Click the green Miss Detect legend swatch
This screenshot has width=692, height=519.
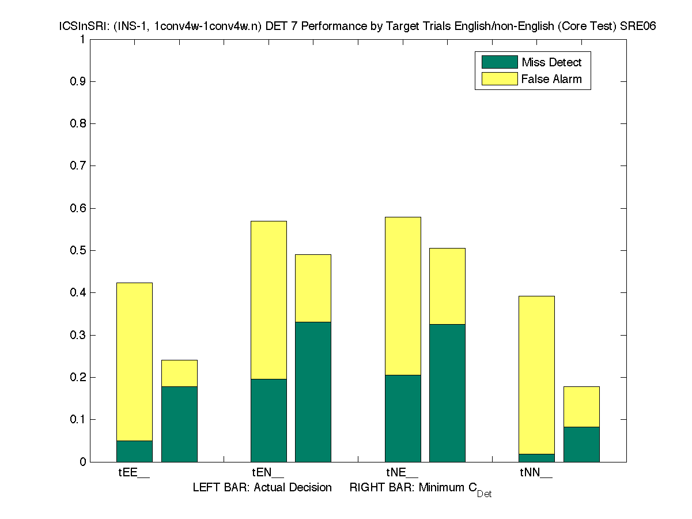coord(499,62)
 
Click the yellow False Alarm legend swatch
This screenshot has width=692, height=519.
coord(499,79)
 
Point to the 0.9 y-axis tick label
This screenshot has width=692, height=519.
coord(78,81)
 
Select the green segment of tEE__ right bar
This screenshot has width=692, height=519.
coord(179,424)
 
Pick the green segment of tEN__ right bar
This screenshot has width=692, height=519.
coord(313,392)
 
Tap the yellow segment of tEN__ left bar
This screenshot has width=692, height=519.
coord(269,300)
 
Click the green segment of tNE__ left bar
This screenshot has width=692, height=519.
coord(403,418)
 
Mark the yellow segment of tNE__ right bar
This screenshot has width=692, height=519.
coord(447,286)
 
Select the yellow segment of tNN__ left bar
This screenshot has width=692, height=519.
coord(536,375)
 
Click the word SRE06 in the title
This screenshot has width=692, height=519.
coord(641,27)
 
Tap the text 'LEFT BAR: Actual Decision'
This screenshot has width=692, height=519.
coord(262,488)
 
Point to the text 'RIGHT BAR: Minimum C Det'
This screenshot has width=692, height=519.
coord(420,489)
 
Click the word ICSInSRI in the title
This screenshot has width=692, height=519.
coord(79,27)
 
